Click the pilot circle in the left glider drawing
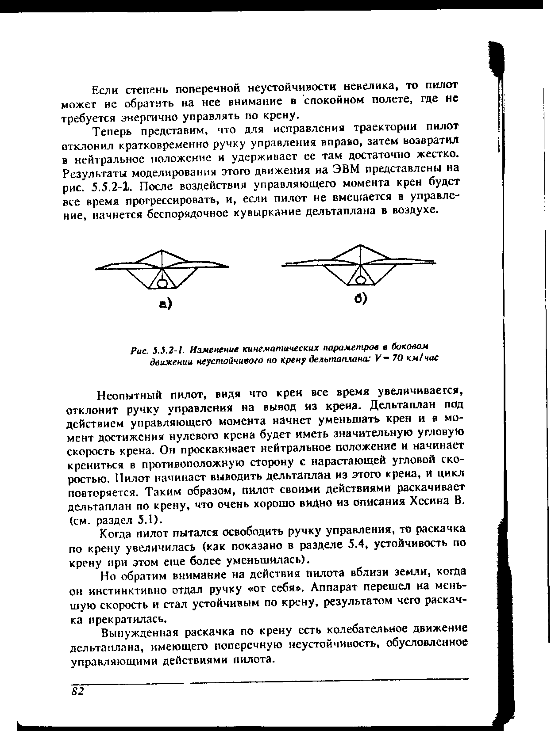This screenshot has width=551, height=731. [162, 282]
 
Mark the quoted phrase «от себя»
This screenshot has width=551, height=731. [280, 588]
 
